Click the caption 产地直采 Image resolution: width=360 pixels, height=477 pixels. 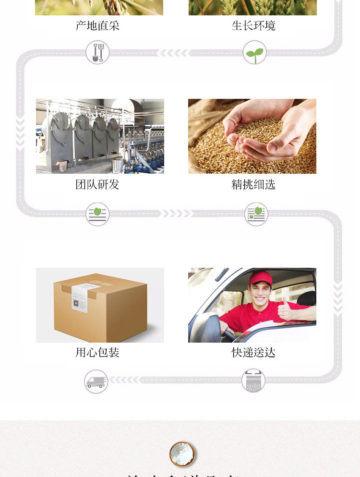pos(97,25)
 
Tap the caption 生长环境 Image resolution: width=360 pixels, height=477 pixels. pos(253,25)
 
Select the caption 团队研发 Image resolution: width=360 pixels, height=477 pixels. pos(97,184)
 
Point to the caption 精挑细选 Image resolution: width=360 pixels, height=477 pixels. pos(253,184)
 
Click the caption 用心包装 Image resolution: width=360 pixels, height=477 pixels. pos(97,353)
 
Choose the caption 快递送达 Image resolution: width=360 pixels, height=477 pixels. pos(253,353)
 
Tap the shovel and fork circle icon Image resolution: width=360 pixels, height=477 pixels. pos(97,52)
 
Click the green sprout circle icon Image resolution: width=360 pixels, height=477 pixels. pos(254,52)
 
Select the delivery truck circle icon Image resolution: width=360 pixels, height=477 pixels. pos(96,382)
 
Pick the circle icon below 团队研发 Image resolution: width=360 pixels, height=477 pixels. pos(97,214)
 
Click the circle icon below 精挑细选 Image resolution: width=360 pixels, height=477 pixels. pos(256,214)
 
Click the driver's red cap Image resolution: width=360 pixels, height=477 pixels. pos(261,278)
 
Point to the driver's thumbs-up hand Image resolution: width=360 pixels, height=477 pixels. pos(285,310)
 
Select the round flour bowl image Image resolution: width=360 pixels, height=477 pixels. pos(183,454)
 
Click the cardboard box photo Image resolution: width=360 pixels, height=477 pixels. pos(100,305)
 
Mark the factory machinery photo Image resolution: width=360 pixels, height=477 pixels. pos(100,136)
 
